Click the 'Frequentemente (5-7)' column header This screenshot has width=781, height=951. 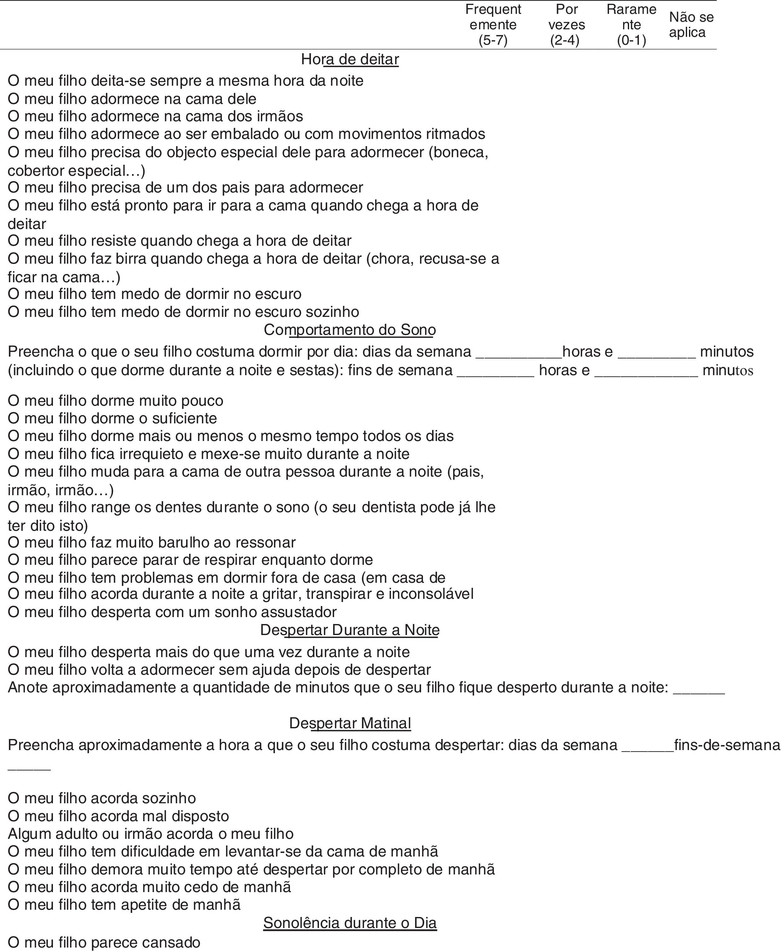[x=493, y=25]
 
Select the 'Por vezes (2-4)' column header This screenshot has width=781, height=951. [x=566, y=25]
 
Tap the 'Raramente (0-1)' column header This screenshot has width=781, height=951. [x=631, y=25]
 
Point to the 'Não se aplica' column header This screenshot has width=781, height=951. [x=691, y=25]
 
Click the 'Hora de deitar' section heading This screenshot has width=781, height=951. [x=350, y=59]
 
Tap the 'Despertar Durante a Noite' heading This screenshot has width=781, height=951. [x=350, y=630]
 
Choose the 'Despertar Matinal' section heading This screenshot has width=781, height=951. [x=350, y=723]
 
